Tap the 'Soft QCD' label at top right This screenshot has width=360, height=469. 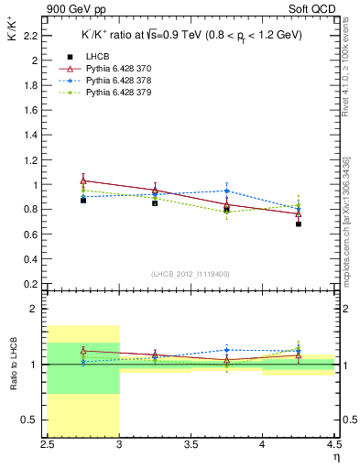[x=311, y=10]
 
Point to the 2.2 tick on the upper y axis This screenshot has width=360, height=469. [x=31, y=36]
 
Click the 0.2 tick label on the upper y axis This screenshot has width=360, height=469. [x=31, y=284]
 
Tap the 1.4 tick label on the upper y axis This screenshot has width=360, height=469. [x=31, y=135]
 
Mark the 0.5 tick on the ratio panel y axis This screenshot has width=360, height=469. [x=31, y=420]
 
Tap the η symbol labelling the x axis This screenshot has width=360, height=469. [x=335, y=457]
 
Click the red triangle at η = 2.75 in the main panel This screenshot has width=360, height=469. [x=83, y=180]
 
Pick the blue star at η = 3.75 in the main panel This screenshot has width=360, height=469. [x=226, y=191]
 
